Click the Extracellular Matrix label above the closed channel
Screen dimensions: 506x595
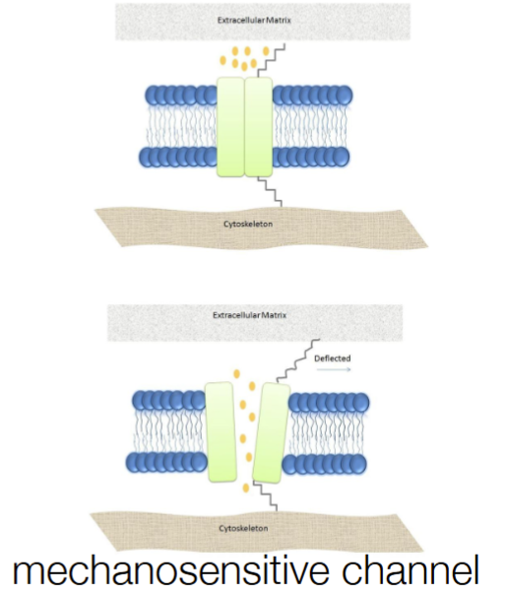[254, 20]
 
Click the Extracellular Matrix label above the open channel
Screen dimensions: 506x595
[250, 315]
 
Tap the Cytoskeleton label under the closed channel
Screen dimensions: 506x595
[248, 224]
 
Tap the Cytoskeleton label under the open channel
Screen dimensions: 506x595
[243, 528]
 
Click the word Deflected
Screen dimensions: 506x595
[333, 359]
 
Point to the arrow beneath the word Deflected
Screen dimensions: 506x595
[334, 368]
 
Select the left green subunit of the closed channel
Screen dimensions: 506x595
[230, 127]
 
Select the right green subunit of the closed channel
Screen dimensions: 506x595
[258, 127]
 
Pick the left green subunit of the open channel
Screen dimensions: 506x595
[221, 431]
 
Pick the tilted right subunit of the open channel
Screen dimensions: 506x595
[271, 433]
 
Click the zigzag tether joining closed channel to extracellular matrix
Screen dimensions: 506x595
[272, 61]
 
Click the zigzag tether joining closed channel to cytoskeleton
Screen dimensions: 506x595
[270, 192]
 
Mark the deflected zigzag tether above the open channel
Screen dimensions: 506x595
[297, 361]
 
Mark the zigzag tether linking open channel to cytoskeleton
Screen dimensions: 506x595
[266, 496]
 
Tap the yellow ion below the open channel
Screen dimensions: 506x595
[246, 488]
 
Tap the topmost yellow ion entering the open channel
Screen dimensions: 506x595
[237, 373]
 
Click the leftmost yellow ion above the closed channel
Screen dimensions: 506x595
[223, 60]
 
